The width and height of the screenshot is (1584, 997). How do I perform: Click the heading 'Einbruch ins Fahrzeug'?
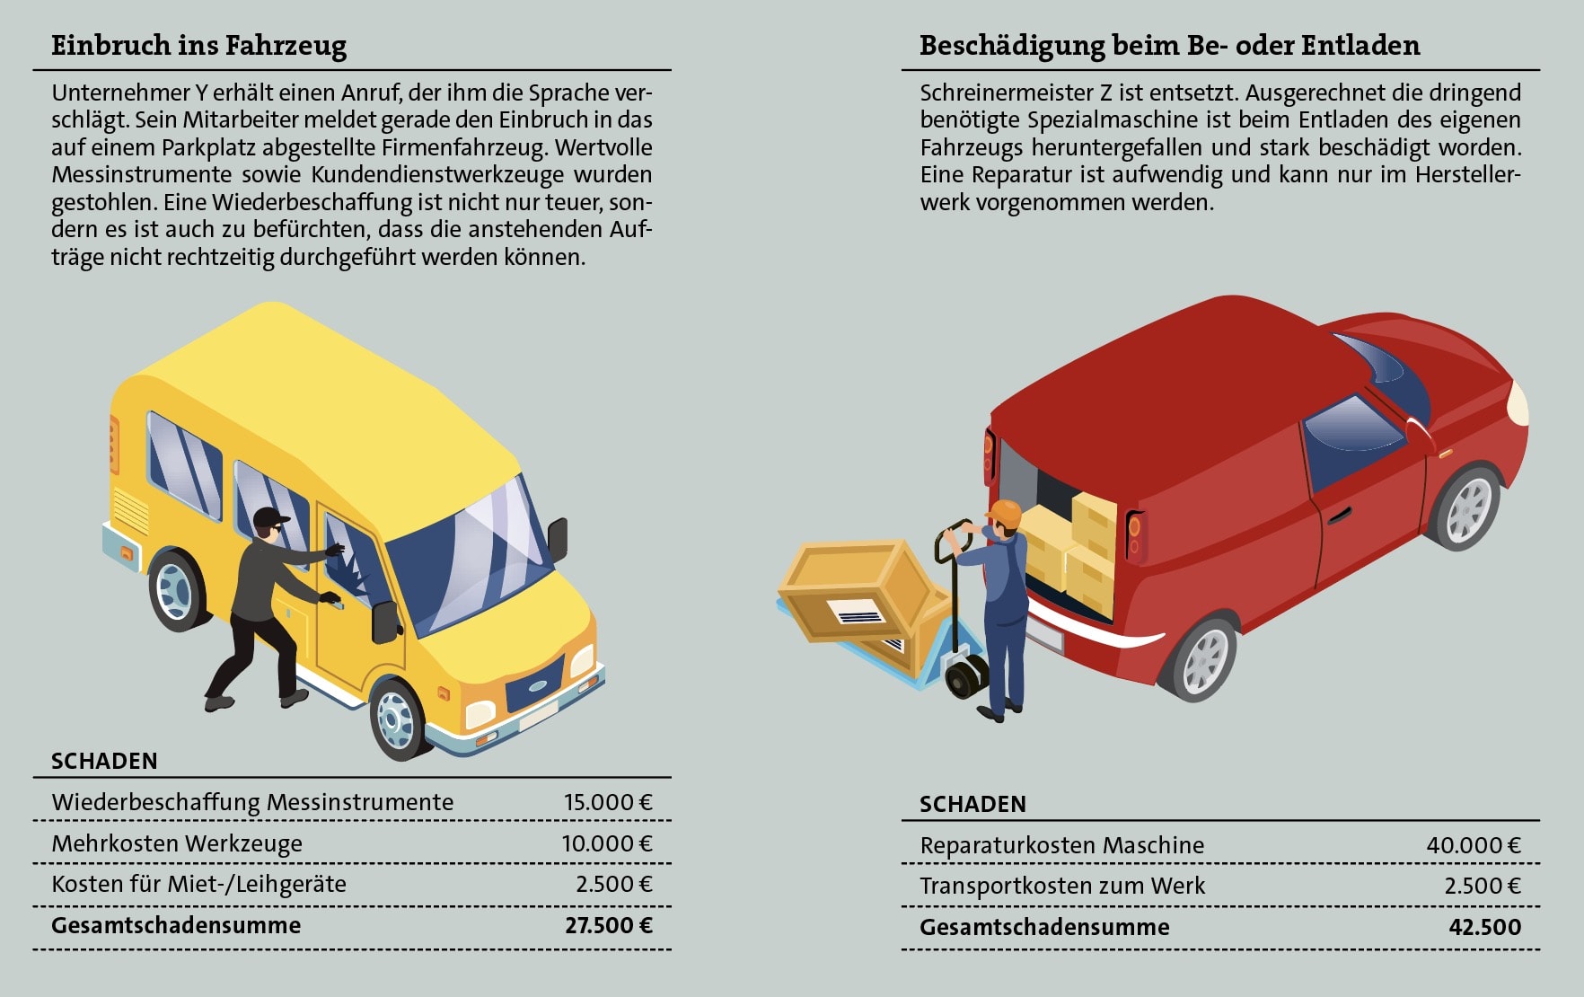[x=198, y=46]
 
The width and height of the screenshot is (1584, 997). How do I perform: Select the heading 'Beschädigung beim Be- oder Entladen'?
[x=1169, y=46]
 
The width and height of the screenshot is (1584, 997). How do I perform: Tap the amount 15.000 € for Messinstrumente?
[x=607, y=802]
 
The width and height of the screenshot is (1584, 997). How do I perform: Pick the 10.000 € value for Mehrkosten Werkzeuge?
[x=607, y=843]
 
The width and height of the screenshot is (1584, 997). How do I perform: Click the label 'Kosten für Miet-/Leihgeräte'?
[x=198, y=885]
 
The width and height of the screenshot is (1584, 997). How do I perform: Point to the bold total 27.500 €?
[x=608, y=926]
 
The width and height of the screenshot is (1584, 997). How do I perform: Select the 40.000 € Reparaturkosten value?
[x=1473, y=845]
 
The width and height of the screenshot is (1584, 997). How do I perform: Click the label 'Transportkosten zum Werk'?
[x=1061, y=887]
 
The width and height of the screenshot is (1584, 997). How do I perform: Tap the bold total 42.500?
[x=1484, y=928]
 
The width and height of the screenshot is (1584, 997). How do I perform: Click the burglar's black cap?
[x=270, y=518]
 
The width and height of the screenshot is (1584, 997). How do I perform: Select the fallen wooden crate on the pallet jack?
[x=858, y=593]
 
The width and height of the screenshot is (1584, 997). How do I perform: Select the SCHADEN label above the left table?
[x=104, y=762]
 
